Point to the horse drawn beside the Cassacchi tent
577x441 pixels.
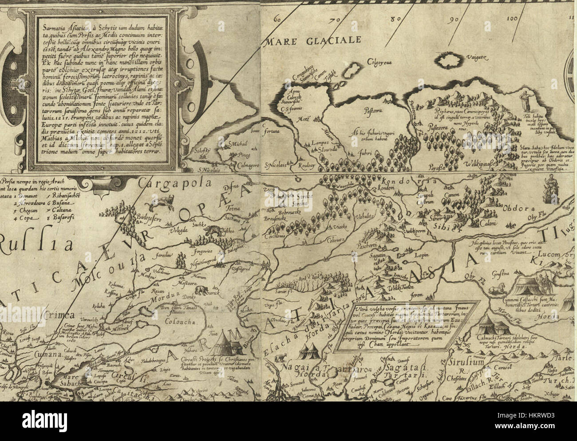coord(499,289)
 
